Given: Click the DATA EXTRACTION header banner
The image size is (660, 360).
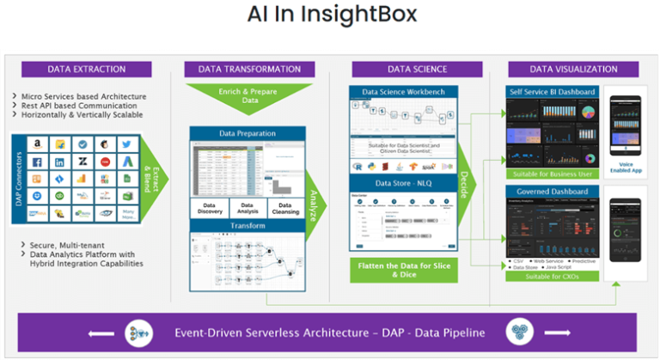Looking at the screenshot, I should point(86,70).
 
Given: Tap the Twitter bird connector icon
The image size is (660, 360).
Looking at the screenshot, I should point(125,145).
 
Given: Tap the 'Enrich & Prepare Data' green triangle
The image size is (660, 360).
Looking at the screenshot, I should point(248,95).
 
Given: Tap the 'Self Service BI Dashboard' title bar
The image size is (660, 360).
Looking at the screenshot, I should point(550,91).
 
